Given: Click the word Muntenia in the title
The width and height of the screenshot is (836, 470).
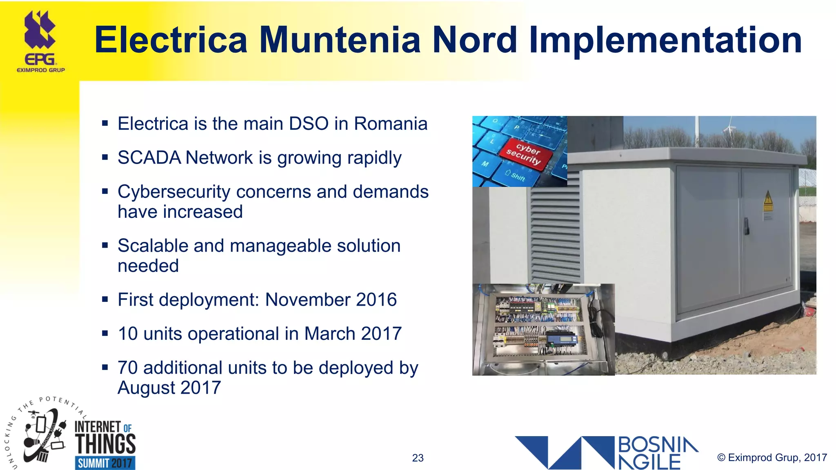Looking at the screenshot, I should (x=340, y=40).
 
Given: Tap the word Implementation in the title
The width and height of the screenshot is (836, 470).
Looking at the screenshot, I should (x=665, y=40).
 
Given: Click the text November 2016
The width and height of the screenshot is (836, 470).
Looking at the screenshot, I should (x=331, y=300).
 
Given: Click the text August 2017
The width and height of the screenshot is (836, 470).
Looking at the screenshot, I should (x=169, y=388).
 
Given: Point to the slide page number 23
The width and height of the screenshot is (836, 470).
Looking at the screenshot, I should (x=418, y=458).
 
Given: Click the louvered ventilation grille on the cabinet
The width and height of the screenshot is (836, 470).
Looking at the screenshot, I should (x=555, y=228).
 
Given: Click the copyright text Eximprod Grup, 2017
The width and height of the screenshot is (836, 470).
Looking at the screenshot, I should (x=772, y=457).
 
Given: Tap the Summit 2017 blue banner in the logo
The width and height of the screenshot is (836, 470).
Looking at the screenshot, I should (x=105, y=463).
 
